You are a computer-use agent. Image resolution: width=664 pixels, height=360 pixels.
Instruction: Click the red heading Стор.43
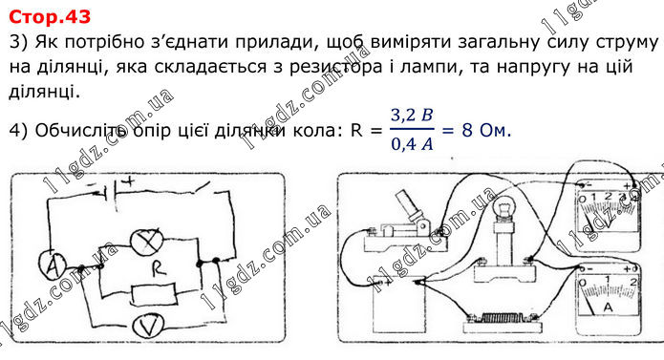click(x=50, y=16)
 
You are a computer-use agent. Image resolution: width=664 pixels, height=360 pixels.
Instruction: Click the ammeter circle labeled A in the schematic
click(x=53, y=265)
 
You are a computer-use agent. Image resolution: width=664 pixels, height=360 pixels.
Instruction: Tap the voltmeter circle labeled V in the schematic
click(x=148, y=326)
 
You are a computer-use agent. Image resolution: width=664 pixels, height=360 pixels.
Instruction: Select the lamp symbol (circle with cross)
click(x=146, y=242)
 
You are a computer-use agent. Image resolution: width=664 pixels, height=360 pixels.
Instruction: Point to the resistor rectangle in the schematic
click(x=153, y=294)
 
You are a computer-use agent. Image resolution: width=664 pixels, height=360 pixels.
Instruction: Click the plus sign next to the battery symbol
click(x=127, y=181)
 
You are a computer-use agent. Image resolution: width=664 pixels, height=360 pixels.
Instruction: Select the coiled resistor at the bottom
click(x=503, y=318)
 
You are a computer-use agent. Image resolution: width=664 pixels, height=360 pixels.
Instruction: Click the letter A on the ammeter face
click(x=608, y=307)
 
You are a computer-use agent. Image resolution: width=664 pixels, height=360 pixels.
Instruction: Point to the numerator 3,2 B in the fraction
click(x=412, y=115)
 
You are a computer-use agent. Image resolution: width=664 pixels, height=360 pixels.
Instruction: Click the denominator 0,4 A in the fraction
click(x=412, y=144)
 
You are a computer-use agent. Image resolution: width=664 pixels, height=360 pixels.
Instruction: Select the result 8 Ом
click(x=486, y=130)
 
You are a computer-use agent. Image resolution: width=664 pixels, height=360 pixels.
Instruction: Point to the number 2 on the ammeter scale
click(x=633, y=282)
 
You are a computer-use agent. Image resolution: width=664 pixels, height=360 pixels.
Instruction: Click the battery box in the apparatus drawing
click(x=399, y=306)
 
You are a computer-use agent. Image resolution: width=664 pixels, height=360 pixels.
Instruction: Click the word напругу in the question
click(x=534, y=67)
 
